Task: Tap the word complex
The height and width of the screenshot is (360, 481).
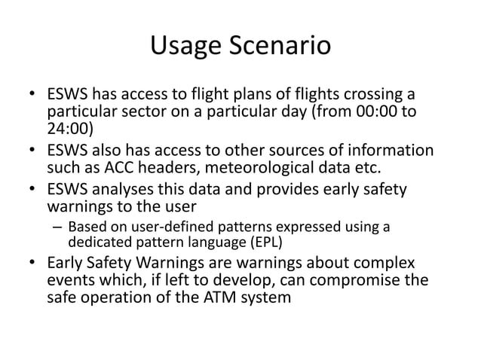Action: [384, 264]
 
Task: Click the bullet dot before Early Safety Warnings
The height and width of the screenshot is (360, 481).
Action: [31, 264]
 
